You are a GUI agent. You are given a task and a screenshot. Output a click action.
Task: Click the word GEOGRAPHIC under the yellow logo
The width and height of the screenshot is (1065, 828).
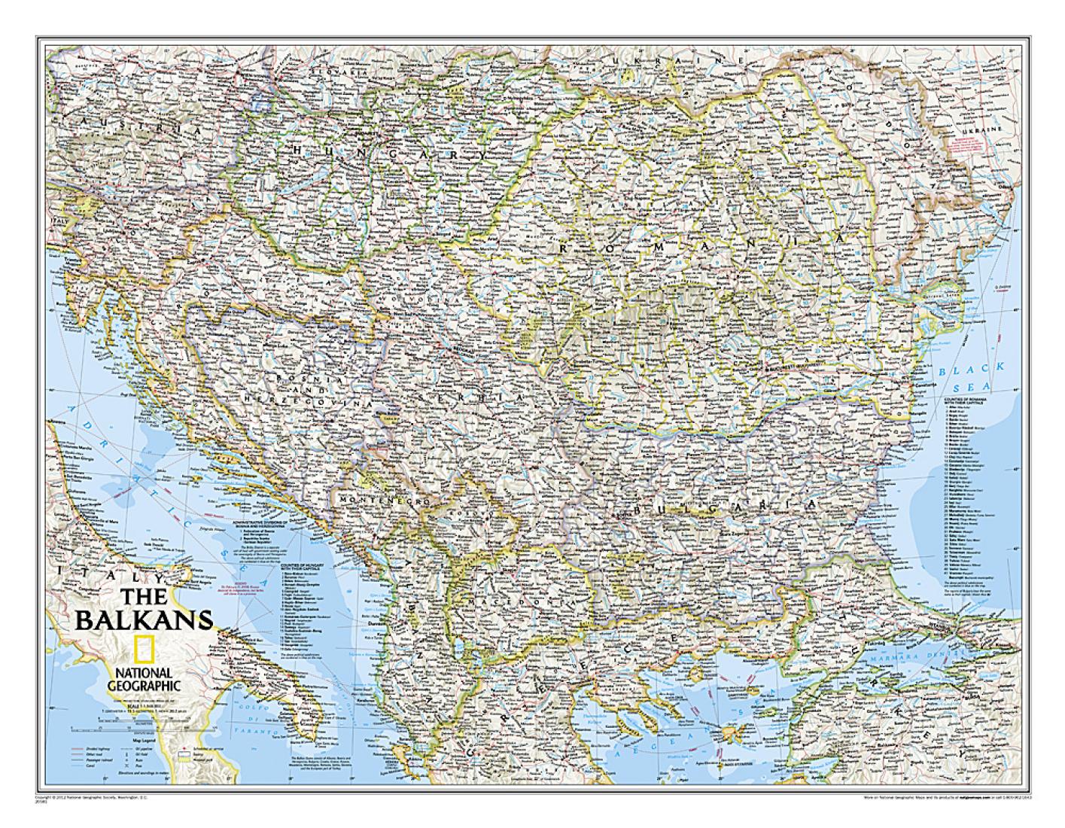pos(143,685)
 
